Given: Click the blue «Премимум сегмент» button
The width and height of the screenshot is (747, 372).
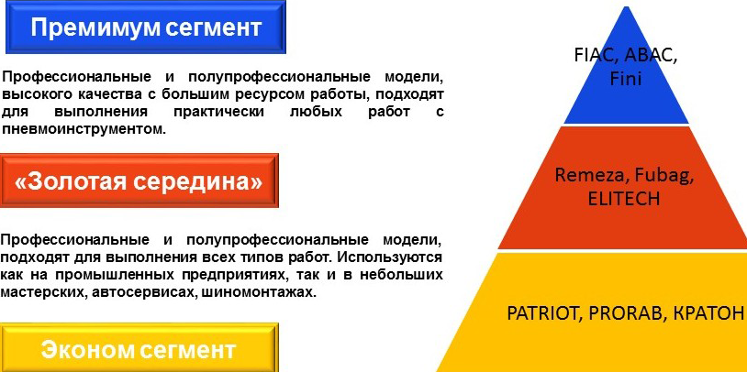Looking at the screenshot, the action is coord(145,27).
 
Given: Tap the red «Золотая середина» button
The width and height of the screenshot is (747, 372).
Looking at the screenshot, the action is coord(139,181).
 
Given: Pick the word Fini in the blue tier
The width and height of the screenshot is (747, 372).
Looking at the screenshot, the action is coord(626,79).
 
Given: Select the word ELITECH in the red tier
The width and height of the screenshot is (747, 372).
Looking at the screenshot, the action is coord(624,199).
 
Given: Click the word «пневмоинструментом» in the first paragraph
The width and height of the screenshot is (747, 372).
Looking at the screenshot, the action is coord(84,129).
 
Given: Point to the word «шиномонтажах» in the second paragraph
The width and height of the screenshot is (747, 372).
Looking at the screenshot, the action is coord(259,292).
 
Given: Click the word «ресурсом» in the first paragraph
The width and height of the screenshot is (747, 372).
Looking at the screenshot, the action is coord(270,94).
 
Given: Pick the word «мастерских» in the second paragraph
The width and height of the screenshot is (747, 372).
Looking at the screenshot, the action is coord(42,292).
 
